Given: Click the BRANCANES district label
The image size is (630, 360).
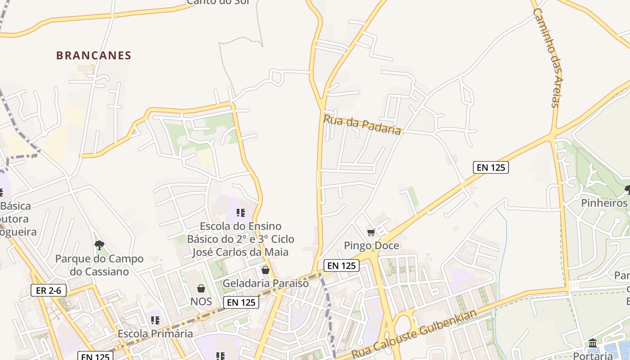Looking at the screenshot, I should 94,56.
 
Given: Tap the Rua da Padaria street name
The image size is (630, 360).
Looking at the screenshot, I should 362,125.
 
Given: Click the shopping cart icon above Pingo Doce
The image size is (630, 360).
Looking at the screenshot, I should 371,232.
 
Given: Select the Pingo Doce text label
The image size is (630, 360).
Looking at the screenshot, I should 371,246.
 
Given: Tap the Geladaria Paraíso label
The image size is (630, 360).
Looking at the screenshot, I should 266,283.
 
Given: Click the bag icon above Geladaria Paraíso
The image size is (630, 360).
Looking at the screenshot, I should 265,270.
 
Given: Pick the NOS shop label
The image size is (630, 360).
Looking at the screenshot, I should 201,301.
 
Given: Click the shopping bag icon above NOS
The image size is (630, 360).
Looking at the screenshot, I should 201,288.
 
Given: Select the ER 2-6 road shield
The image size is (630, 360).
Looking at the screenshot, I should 49,291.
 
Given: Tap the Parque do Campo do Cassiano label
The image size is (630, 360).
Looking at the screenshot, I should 99,265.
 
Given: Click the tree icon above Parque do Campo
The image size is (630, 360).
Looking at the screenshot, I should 99,245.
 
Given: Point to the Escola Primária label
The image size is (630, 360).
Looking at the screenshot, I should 155,333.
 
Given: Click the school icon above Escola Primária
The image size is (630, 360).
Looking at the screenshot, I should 155,320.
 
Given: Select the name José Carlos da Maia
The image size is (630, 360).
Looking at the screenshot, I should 240,252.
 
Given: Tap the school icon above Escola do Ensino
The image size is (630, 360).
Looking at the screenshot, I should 241,212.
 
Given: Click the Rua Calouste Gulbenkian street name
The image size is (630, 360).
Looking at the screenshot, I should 414,333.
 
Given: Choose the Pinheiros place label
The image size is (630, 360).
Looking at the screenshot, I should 604,203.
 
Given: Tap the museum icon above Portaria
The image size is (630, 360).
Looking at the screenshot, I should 592,343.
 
